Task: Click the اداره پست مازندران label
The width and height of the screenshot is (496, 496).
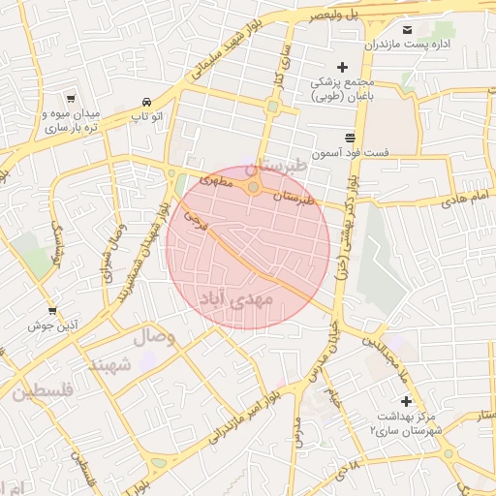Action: coord(398,45)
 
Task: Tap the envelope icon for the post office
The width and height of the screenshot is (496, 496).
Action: coord(406,29)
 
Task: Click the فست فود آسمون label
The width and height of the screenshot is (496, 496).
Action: coord(350,153)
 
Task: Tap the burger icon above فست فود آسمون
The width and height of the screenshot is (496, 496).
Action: coord(350,137)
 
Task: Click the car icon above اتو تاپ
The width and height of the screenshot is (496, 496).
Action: coord(145,102)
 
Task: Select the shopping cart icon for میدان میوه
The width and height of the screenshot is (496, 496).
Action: coord(71,98)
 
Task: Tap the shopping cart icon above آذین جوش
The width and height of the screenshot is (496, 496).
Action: coord(51,311)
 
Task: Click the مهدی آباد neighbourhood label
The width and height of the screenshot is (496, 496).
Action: coord(237,299)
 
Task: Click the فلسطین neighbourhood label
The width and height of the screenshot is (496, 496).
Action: coord(44,391)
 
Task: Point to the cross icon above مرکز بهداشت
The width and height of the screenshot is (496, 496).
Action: coord(406,401)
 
